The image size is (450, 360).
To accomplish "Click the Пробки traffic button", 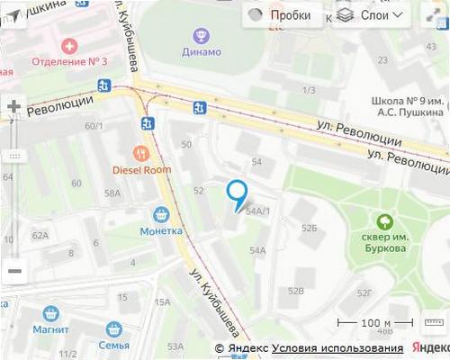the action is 280,15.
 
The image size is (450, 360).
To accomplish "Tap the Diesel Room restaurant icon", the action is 139,152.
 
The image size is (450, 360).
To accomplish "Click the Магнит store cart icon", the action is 50,314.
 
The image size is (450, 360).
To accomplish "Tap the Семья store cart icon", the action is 114,328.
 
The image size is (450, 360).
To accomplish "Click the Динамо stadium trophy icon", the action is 202,35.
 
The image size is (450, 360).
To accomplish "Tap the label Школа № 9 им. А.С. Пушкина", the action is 408,107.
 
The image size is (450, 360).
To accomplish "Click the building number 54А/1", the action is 258,211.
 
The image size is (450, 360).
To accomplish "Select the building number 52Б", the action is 310,228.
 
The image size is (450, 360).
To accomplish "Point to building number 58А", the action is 112,193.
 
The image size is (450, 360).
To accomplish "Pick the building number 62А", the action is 40,236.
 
